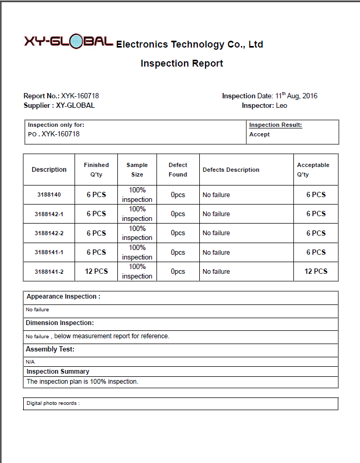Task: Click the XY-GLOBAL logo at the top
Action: click(68, 42)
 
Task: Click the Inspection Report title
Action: click(182, 63)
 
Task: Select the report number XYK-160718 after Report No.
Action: click(80, 96)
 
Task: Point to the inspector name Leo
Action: click(282, 106)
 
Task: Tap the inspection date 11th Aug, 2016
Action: click(296, 96)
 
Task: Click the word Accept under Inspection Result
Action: click(260, 134)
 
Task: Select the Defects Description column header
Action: click(231, 170)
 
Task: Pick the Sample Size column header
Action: click(137, 170)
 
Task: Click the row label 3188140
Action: click(49, 195)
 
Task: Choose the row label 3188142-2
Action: click(49, 233)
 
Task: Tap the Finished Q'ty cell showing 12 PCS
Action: click(96, 271)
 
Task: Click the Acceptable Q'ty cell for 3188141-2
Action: click(316, 271)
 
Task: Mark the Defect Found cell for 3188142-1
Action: click(178, 214)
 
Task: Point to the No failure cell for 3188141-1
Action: click(216, 253)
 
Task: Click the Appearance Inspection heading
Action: click(63, 297)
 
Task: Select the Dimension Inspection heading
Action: click(60, 323)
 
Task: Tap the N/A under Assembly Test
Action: click(30, 362)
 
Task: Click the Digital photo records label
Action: click(53, 403)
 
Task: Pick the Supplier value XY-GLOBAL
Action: click(76, 106)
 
